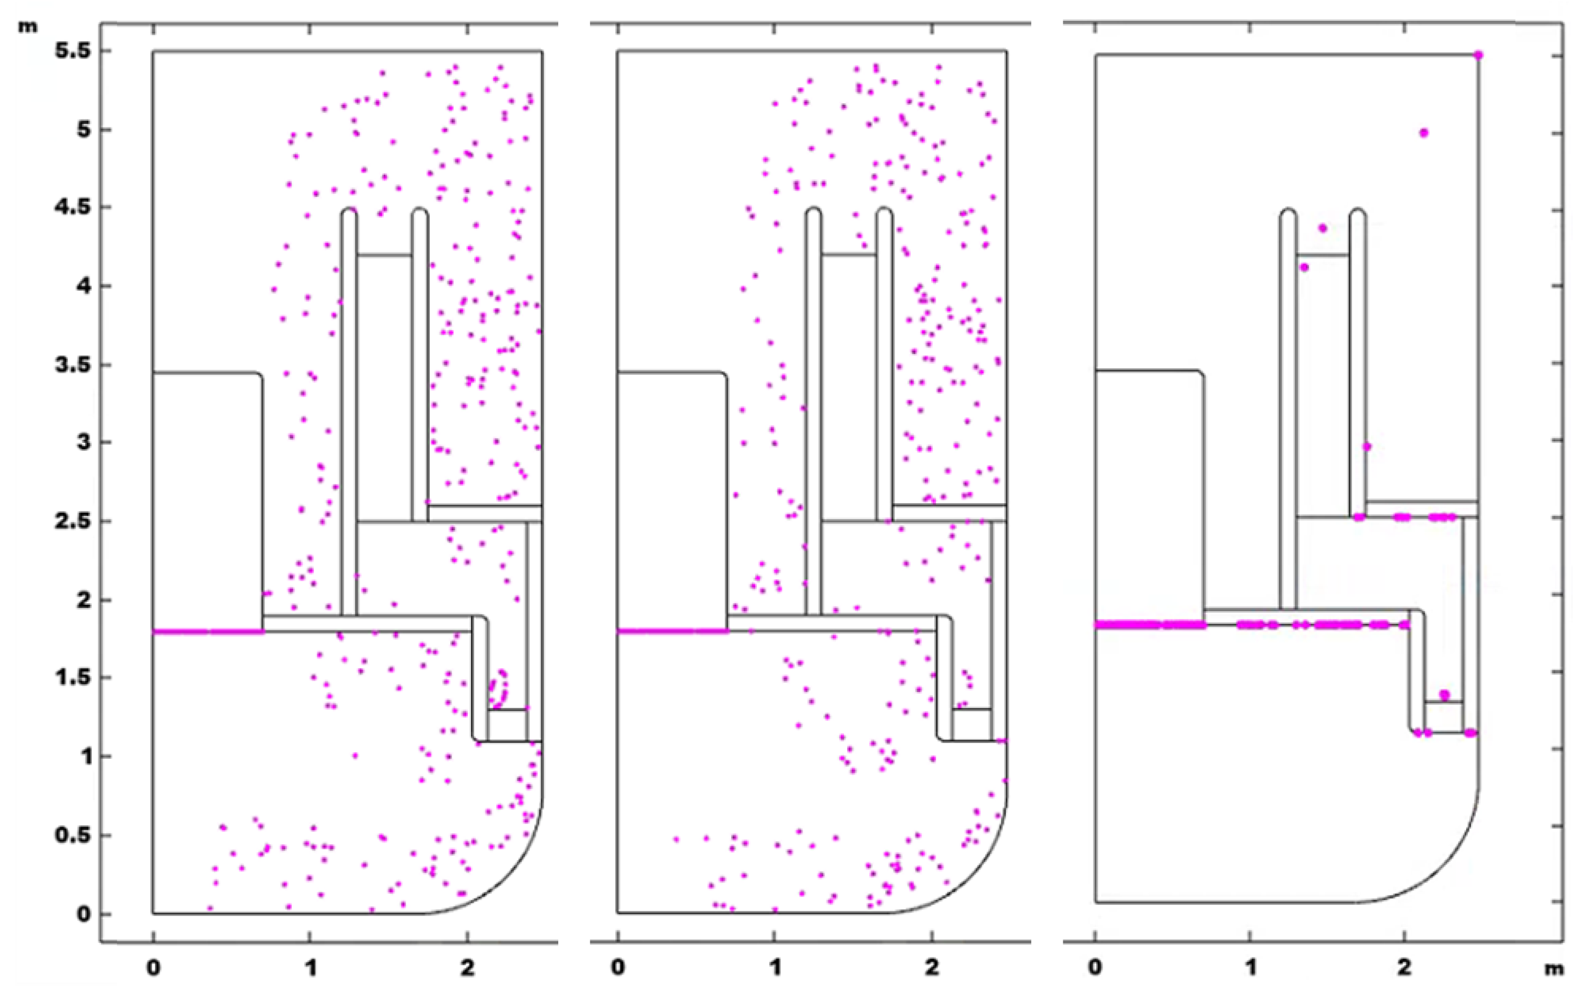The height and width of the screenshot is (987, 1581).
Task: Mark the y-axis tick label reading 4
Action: [84, 286]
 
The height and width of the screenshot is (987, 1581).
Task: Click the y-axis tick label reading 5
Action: [84, 130]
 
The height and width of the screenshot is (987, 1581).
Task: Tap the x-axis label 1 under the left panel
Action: [310, 967]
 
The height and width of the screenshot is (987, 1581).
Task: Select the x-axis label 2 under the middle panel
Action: [932, 967]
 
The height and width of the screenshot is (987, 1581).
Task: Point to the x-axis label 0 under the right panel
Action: [1096, 967]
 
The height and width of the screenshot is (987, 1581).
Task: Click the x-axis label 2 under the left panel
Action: [467, 967]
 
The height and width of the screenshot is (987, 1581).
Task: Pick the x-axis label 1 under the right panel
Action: [1250, 967]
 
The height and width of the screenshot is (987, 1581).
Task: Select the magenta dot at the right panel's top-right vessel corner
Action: [1478, 55]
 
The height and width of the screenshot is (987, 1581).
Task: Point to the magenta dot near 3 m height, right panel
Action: [1367, 447]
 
